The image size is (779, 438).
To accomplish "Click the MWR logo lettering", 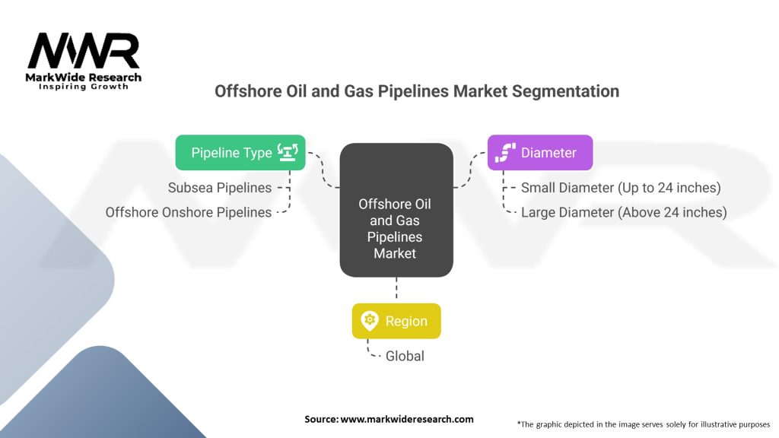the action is tap(84, 51).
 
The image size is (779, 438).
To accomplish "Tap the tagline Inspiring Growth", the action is tap(84, 87).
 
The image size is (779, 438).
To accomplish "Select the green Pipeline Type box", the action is tap(240, 152).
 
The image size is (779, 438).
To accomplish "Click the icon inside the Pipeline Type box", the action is tap(288, 152).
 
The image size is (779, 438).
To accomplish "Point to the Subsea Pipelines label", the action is tap(220, 188).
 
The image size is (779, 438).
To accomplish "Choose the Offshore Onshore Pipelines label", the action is tap(189, 213).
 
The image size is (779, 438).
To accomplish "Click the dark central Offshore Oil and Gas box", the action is tap(396, 210).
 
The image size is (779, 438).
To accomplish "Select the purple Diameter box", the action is tap(540, 152).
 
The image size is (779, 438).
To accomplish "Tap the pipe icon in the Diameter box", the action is tap(505, 152).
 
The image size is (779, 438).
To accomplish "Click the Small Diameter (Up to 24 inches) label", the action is tap(621, 188).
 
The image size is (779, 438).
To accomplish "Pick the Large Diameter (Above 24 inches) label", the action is tap(624, 213).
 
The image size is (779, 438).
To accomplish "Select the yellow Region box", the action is tap(396, 322).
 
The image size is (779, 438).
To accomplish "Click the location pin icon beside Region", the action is tap(370, 321).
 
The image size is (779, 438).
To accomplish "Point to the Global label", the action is tap(405, 356).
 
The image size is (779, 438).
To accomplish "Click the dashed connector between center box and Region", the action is tap(396, 288).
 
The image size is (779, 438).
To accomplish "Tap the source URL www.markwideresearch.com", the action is tap(407, 419).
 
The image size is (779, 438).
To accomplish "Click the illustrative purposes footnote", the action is tap(644, 424).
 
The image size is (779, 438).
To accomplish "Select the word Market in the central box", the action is tap(395, 253).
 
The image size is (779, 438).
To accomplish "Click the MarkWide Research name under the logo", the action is tap(84, 78).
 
